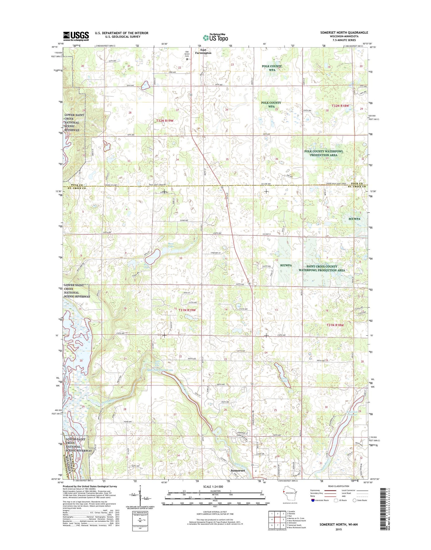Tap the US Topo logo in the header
215,37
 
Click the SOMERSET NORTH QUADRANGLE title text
344,33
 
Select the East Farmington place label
203,51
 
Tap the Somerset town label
238,478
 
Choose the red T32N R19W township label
165,121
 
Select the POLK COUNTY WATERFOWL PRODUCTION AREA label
324,153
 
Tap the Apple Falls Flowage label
159,370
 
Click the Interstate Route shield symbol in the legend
312,500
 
